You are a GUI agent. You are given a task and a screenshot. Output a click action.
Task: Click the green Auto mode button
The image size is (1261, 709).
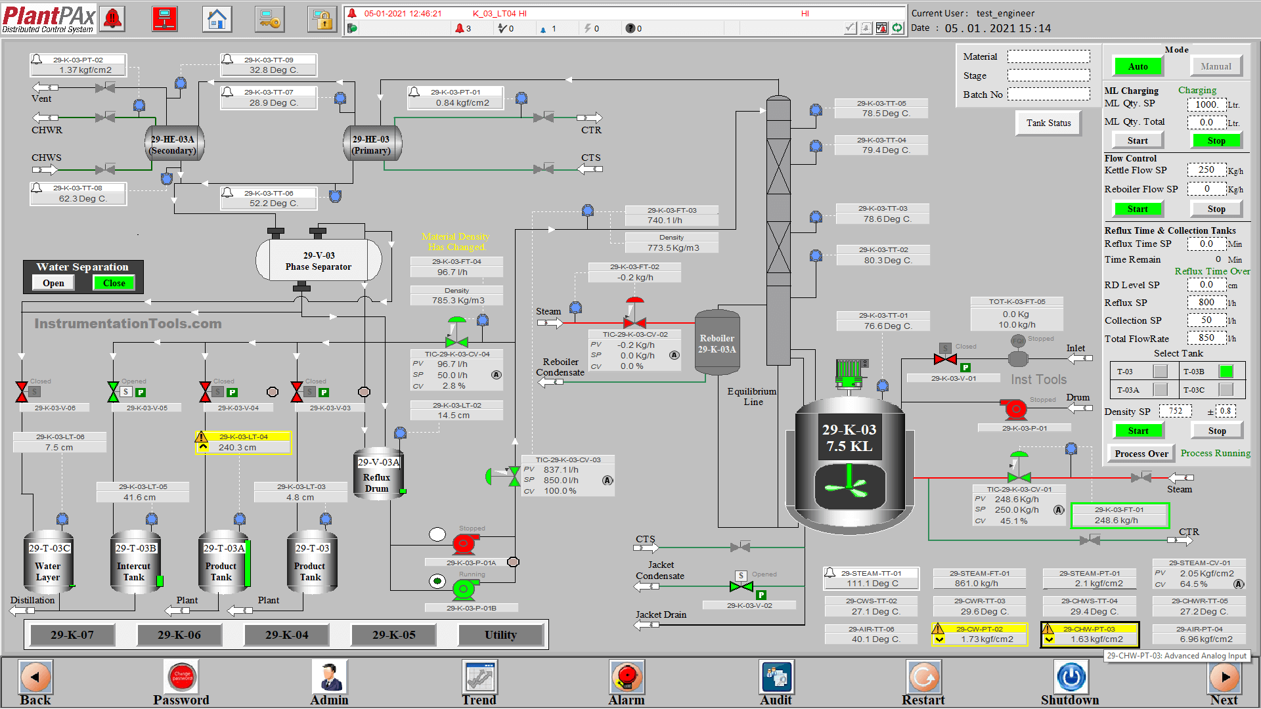(x=1138, y=66)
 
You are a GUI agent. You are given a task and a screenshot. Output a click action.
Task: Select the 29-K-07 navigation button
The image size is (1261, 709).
(x=72, y=635)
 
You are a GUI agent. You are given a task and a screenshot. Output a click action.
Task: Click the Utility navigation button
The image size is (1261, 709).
(x=500, y=635)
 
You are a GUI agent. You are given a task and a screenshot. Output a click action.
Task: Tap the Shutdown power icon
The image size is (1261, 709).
(x=1071, y=677)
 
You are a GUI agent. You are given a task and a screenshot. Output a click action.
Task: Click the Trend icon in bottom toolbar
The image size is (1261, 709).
(x=479, y=677)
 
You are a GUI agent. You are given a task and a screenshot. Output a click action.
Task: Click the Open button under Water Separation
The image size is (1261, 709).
(x=53, y=283)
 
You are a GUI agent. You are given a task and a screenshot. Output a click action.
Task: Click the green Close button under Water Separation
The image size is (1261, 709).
(x=114, y=283)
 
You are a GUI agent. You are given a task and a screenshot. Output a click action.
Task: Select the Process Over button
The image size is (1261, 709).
(x=1141, y=454)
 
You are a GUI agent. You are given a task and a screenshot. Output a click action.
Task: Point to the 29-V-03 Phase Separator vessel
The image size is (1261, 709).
(x=319, y=261)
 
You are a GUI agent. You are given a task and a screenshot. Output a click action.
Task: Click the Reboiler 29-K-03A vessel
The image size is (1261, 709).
(x=717, y=343)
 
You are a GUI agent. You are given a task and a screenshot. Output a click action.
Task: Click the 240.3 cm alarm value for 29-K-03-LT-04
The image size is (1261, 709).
(x=238, y=447)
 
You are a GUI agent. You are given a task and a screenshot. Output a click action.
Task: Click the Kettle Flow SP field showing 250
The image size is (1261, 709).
(x=1206, y=170)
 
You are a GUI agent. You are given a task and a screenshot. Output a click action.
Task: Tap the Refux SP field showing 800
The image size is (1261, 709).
(x=1206, y=303)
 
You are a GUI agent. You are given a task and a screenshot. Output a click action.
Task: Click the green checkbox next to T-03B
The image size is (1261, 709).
(x=1226, y=372)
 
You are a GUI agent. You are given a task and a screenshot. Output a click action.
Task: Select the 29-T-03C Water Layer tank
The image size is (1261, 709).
(x=48, y=563)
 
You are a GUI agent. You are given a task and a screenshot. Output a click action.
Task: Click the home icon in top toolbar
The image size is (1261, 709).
(x=217, y=19)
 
